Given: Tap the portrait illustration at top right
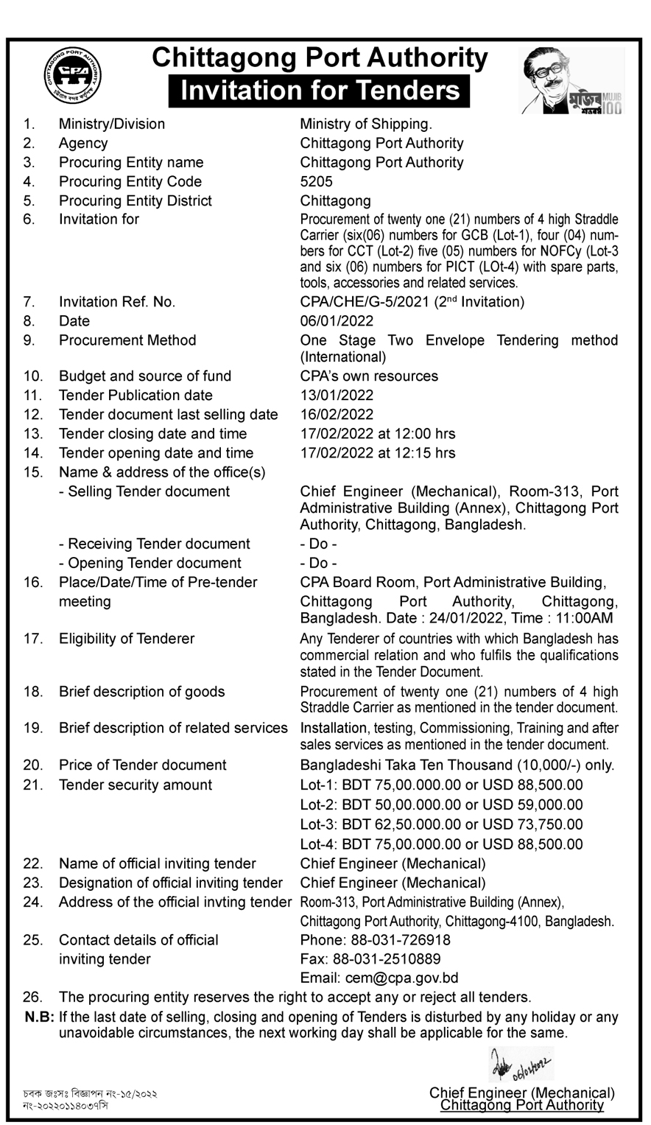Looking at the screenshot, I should click(x=572, y=80).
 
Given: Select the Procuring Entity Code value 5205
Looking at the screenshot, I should click(x=317, y=181).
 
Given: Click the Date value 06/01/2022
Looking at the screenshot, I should click(x=337, y=321).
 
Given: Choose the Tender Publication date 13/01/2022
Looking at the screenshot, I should click(x=337, y=396).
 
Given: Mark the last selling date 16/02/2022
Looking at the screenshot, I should click(x=337, y=415).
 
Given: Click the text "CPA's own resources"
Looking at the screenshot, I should click(x=369, y=376).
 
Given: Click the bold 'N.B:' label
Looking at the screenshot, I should click(x=39, y=1017).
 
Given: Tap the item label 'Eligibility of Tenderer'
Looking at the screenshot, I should click(x=127, y=639).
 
